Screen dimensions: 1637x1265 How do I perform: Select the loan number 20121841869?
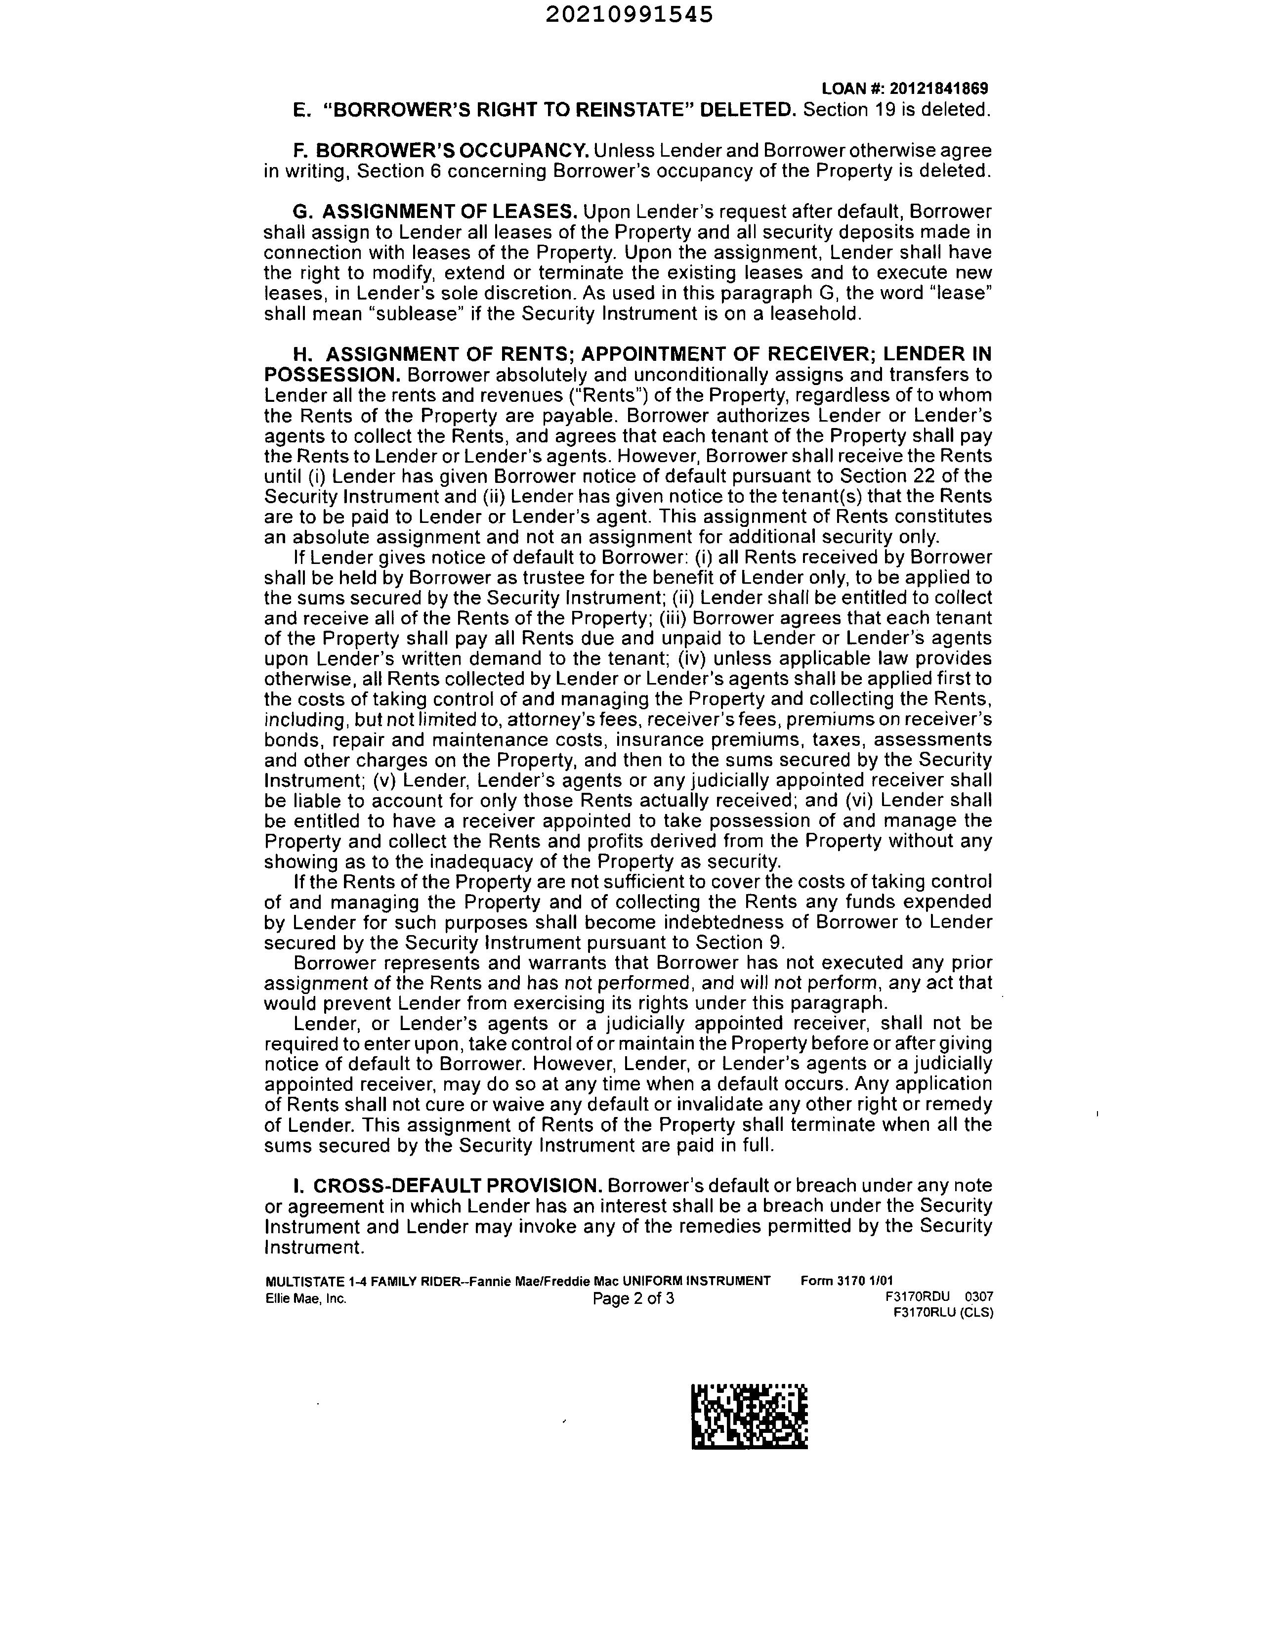[940, 89]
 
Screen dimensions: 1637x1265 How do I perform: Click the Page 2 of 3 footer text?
[633, 1298]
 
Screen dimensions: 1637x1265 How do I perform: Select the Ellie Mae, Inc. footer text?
[306, 1298]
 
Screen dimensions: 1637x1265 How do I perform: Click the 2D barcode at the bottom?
[750, 1417]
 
